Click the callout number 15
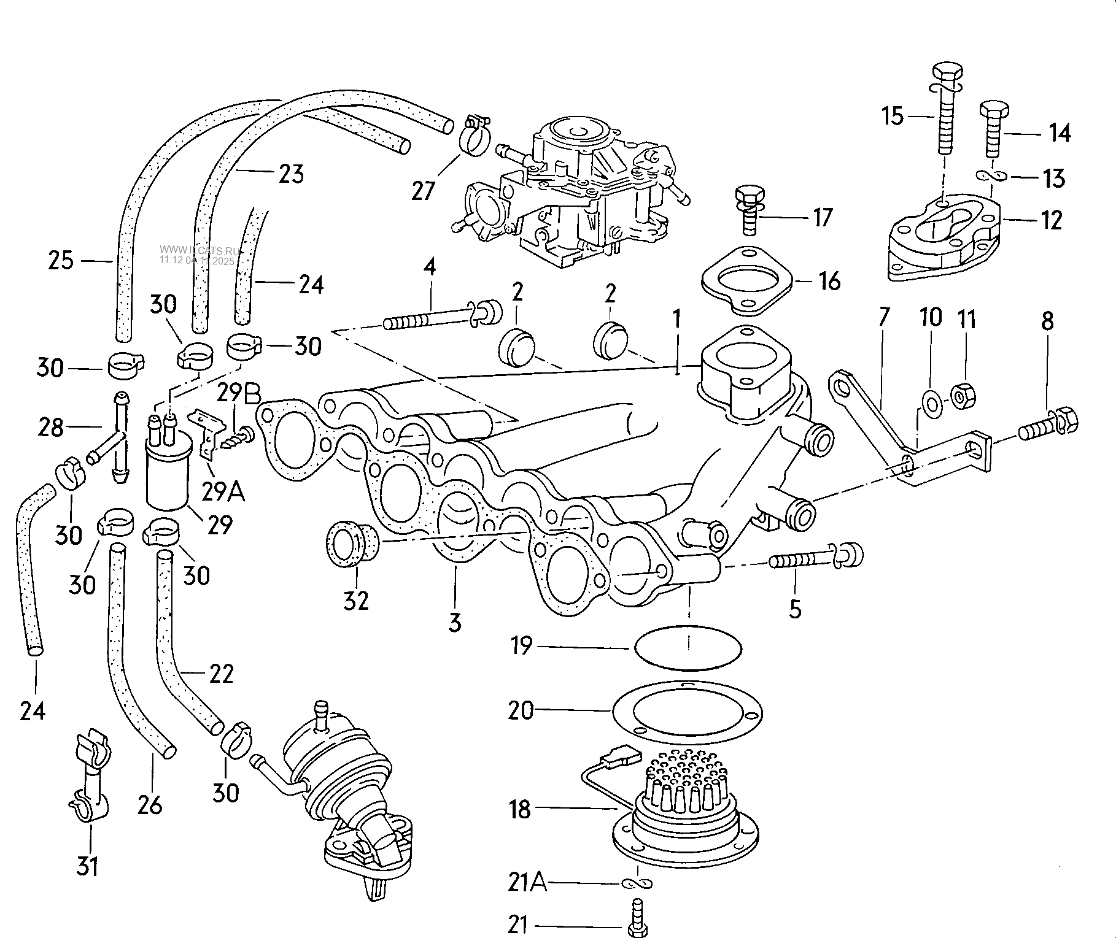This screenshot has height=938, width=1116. click(893, 116)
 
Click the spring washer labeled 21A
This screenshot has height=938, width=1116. click(637, 883)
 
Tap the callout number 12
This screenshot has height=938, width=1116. click(1051, 220)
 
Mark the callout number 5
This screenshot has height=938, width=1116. click(794, 609)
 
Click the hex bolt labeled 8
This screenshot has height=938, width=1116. click(1050, 425)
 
